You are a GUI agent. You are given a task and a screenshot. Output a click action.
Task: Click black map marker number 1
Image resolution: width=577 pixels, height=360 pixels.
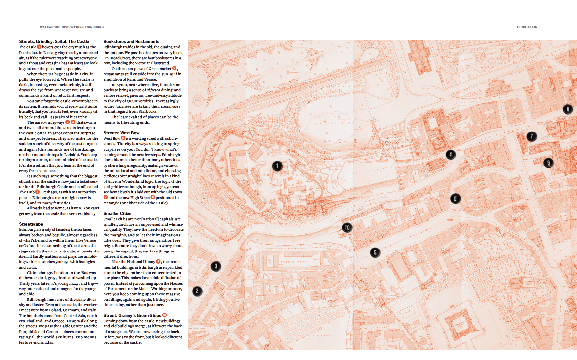[x=277, y=166]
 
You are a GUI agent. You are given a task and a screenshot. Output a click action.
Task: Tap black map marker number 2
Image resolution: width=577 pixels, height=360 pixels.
[x=197, y=291]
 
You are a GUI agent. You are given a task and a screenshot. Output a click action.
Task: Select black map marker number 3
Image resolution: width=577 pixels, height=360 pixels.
[x=216, y=266]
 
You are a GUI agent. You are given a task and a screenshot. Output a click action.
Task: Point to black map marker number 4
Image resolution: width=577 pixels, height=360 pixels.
[x=450, y=154]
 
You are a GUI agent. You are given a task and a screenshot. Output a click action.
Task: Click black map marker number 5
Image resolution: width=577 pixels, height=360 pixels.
[x=375, y=252]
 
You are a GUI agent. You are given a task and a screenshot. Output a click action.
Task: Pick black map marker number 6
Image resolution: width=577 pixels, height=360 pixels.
[x=455, y=198]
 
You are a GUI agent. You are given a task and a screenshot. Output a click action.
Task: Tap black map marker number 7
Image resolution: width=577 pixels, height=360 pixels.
[x=532, y=136]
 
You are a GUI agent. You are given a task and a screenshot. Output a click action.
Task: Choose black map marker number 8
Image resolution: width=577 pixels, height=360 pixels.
[x=567, y=109]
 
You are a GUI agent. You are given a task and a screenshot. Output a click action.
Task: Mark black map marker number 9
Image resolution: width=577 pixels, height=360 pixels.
[x=548, y=162]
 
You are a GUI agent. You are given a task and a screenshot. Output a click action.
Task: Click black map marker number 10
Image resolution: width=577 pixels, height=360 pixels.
[x=347, y=228]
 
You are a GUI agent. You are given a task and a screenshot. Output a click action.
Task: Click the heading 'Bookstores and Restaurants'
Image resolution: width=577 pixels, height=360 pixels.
[x=131, y=41]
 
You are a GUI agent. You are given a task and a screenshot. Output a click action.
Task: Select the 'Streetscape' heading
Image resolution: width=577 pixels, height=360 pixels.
[x=31, y=224]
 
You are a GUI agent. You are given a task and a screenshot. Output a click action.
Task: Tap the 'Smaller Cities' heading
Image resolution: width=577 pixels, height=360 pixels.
[x=117, y=213]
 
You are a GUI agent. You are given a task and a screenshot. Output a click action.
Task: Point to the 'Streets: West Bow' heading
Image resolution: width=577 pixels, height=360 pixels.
[x=121, y=133]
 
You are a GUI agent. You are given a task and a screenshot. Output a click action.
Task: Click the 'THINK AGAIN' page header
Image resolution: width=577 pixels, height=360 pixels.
[x=526, y=27]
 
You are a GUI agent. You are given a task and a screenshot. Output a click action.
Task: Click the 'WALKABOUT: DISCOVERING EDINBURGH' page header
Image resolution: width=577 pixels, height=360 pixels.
[x=72, y=27]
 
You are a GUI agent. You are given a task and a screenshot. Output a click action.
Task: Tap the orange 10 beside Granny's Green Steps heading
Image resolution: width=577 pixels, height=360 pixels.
[x=165, y=315]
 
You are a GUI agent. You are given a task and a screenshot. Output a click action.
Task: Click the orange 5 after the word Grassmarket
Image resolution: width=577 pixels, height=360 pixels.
[x=174, y=68]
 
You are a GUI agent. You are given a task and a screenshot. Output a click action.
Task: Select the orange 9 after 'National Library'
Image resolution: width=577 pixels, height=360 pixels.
[x=158, y=261]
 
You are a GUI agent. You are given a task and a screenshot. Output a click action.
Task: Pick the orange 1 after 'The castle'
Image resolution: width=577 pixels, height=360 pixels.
[x=39, y=47]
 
